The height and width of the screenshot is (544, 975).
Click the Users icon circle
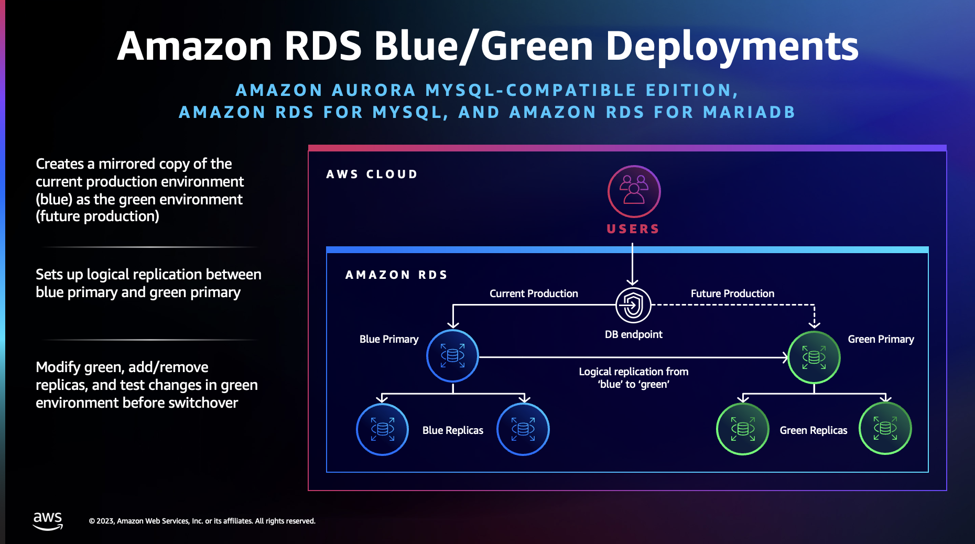(634, 191)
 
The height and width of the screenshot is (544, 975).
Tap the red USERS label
(633, 229)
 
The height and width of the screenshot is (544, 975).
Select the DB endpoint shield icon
(633, 305)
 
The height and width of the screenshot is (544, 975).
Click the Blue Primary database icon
(452, 356)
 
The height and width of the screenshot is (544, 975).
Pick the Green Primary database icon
(814, 357)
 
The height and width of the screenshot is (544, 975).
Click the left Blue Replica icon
(382, 429)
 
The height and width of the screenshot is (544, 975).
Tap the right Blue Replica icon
(523, 429)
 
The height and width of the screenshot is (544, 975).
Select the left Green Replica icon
(742, 429)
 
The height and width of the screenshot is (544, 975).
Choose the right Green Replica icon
(885, 428)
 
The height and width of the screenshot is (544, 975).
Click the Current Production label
(533, 293)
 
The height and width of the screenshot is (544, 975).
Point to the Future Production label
(732, 293)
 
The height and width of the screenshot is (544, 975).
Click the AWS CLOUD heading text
(372, 174)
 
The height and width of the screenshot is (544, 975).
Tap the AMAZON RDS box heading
(396, 275)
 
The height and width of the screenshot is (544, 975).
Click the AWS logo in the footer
(48, 520)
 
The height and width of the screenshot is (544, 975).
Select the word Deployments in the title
(732, 46)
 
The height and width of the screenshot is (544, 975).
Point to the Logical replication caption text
(633, 377)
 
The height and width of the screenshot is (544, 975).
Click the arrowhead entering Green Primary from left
(785, 357)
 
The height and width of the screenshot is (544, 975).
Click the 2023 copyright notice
(202, 521)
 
